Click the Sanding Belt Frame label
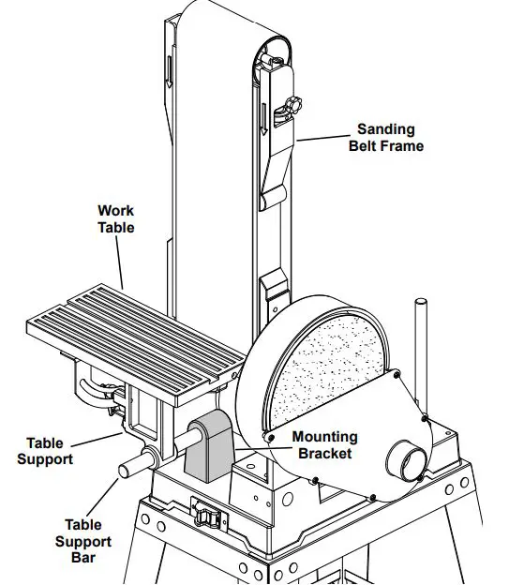pos(386,138)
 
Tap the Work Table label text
pos(116,219)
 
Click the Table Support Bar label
pos(88,541)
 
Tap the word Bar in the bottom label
pos(88,558)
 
